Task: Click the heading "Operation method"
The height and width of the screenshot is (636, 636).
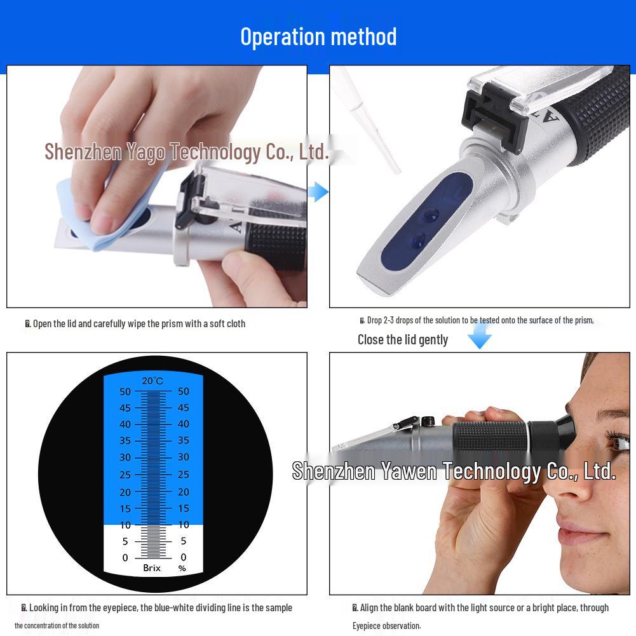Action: (318, 37)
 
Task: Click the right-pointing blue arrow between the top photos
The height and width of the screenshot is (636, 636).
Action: (320, 191)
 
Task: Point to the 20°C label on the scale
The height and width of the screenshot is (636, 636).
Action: (152, 381)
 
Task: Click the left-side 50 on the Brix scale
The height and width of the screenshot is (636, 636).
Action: (125, 391)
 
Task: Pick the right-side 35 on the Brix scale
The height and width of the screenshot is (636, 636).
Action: (184, 440)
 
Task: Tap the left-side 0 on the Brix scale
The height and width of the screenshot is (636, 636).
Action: (125, 558)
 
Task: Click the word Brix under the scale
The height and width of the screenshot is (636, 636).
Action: (152, 568)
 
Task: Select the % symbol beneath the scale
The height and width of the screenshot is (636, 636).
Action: (182, 568)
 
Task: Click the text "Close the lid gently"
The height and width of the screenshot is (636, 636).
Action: (403, 340)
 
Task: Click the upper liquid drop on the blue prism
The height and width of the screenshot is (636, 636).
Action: (431, 215)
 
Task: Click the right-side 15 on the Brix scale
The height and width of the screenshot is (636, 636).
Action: (184, 508)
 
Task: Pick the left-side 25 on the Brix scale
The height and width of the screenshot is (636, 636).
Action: (125, 475)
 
